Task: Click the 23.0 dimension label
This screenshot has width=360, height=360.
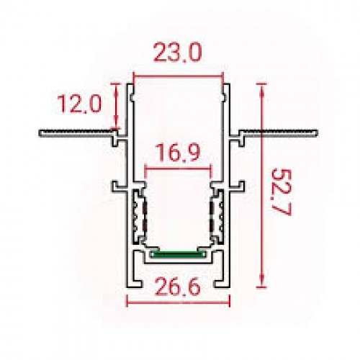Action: [x=177, y=52]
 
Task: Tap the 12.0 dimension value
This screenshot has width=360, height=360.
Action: [x=79, y=104]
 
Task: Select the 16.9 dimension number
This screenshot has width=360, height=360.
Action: [x=178, y=153]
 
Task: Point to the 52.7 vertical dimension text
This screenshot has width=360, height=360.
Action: [x=282, y=192]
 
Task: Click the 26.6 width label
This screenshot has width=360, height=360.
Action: [x=178, y=287]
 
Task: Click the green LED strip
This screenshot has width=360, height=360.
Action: [x=178, y=253]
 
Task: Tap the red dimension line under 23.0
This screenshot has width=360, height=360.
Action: [x=179, y=77]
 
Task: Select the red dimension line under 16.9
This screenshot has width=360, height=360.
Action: [x=178, y=169]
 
